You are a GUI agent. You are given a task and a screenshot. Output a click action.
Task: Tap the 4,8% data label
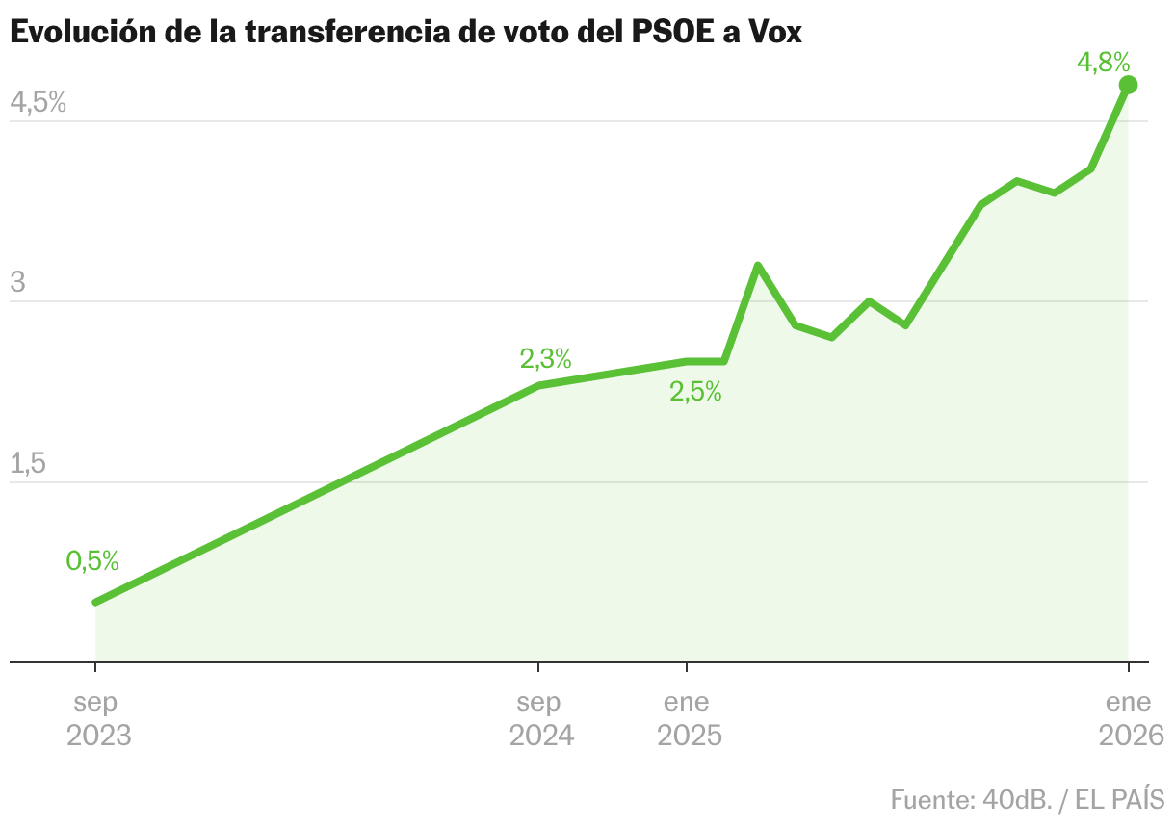pyautogui.click(x=1103, y=64)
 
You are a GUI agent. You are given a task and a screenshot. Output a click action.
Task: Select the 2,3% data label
pyautogui.click(x=546, y=359)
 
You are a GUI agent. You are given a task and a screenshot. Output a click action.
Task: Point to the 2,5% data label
pyautogui.click(x=695, y=392)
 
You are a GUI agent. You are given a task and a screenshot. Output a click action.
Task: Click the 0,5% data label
pyautogui.click(x=92, y=560)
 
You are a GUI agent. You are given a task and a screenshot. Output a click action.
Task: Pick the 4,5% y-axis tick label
pyautogui.click(x=38, y=102)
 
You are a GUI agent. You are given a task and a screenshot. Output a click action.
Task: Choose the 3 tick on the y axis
pyautogui.click(x=17, y=283)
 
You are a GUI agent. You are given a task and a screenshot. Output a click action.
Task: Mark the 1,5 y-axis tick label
pyautogui.click(x=28, y=463)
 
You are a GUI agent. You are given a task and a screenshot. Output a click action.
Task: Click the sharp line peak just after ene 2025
pyautogui.click(x=758, y=265)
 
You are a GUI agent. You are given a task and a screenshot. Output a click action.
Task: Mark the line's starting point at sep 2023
pyautogui.click(x=95, y=602)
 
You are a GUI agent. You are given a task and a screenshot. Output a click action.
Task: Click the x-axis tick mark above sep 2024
pyautogui.click(x=538, y=668)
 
